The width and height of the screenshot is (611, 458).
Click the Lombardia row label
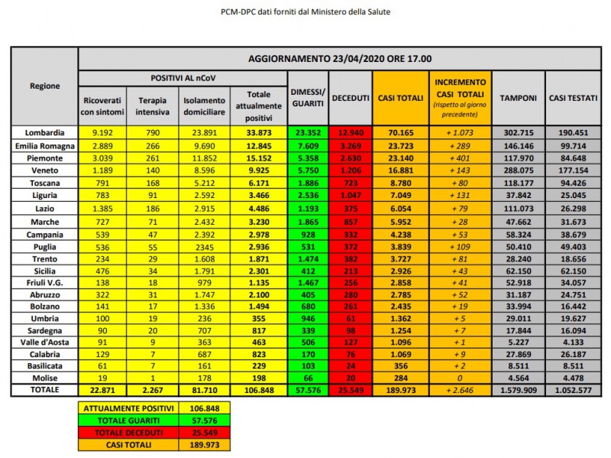point(45,132)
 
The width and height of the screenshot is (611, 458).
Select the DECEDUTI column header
point(351,98)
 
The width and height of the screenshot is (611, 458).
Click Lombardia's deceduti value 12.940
point(351,132)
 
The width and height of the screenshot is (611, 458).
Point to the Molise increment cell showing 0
point(460,377)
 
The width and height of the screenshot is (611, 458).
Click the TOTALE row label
point(45,391)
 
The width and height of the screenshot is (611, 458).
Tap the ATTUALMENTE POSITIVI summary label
point(126,408)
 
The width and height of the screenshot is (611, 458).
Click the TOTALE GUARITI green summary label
point(126,421)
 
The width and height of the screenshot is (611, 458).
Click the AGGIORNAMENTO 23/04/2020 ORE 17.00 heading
point(341,58)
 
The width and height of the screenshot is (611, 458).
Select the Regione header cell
point(45,86)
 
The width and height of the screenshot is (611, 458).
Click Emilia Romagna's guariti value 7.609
point(308,145)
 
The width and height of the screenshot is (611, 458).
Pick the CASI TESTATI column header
point(573,98)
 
